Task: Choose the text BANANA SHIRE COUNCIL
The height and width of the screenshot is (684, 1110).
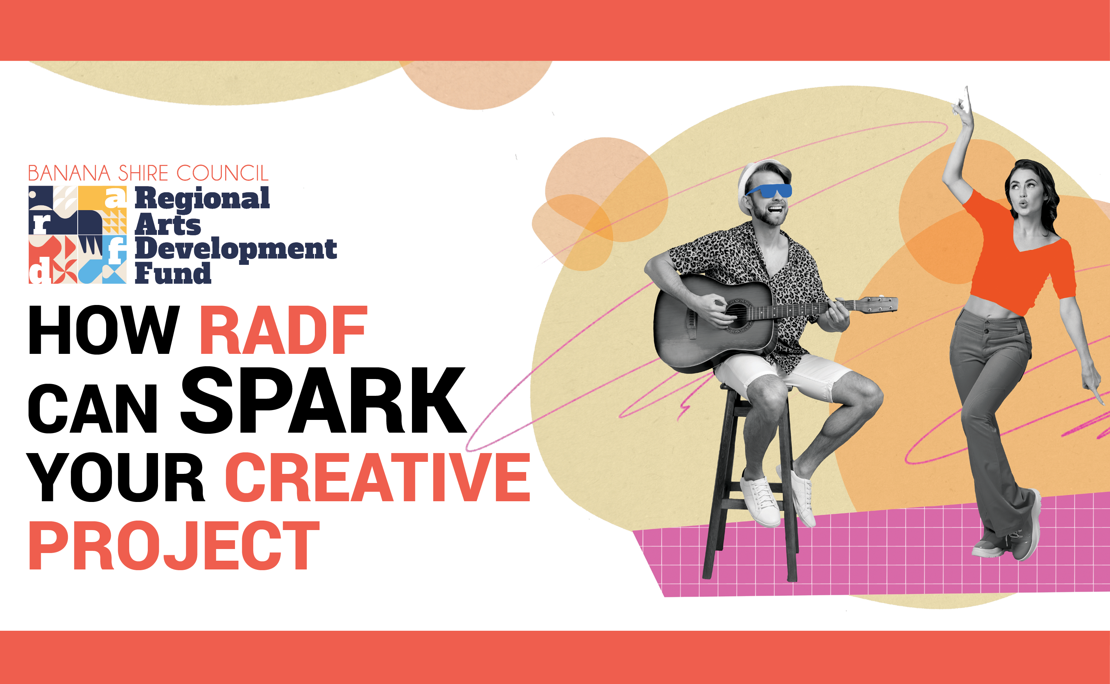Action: point(148,173)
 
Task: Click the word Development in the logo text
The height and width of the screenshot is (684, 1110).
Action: point(236,249)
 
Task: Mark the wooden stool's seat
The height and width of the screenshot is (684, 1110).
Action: point(742,387)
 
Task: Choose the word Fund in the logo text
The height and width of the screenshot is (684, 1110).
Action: point(173,273)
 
